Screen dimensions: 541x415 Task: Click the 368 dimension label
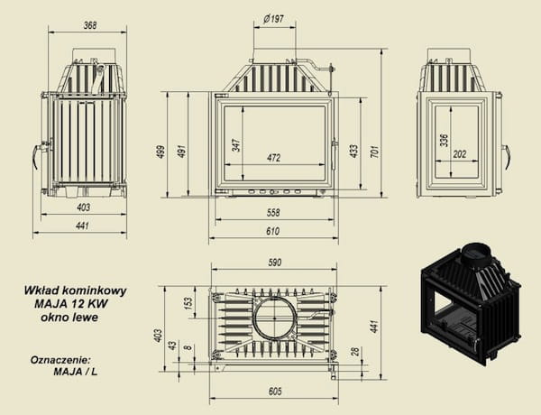90,25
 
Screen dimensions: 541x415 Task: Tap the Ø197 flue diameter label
273,19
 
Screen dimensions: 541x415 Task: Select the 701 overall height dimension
375,152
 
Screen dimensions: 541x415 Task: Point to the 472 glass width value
273,158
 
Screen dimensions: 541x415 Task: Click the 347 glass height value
236,145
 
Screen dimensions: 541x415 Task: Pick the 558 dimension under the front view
273,213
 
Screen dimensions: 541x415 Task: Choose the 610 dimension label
273,231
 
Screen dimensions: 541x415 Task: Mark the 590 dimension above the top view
275,263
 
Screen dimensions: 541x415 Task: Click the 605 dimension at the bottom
275,392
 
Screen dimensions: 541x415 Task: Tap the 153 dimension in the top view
188,303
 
